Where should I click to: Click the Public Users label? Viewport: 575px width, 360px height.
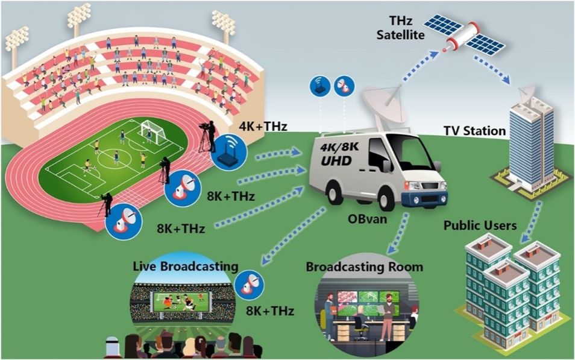480,226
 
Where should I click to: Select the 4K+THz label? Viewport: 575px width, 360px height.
262,127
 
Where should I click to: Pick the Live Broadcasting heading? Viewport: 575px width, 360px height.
186,266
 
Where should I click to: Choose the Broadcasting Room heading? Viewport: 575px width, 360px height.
365,267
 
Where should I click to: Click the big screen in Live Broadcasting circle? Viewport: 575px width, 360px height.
181,300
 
